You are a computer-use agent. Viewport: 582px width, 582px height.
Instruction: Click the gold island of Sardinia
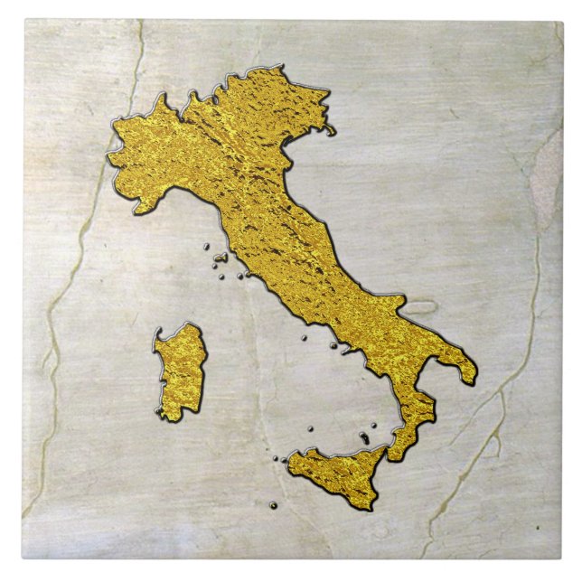click(180, 371)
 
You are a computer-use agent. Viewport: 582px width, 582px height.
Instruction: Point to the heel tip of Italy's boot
click(470, 379)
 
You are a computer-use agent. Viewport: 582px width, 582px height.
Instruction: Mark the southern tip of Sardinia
click(169, 415)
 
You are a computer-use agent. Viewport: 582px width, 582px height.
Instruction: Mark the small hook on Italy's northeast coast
click(331, 132)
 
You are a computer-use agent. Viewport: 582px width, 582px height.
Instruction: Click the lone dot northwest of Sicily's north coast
click(311, 428)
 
